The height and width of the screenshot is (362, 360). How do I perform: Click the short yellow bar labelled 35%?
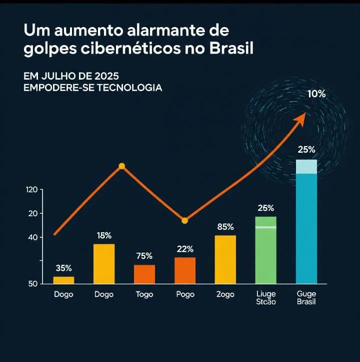[63, 280]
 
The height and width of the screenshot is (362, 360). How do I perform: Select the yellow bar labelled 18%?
[104, 264]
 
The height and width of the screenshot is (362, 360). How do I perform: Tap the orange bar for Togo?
[144, 274]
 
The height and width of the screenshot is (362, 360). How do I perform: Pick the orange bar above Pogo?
[185, 270]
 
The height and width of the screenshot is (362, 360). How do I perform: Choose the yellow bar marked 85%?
[225, 259]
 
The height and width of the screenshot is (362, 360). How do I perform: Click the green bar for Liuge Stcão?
[265, 250]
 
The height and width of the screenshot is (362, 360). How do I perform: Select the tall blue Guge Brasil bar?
[306, 223]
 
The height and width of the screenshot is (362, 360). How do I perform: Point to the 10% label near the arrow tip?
[316, 94]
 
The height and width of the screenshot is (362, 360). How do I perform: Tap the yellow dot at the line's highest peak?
[121, 166]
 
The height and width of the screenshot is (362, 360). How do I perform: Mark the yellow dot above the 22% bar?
[184, 220]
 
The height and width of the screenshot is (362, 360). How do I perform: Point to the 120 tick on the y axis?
[31, 190]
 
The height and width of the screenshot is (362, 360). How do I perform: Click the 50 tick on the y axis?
[33, 284]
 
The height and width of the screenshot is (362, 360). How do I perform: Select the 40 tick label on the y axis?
[33, 237]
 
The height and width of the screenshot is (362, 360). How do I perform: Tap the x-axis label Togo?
[144, 294]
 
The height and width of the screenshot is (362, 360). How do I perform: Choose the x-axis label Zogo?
[225, 294]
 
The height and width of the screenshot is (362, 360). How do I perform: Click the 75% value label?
[144, 256]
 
